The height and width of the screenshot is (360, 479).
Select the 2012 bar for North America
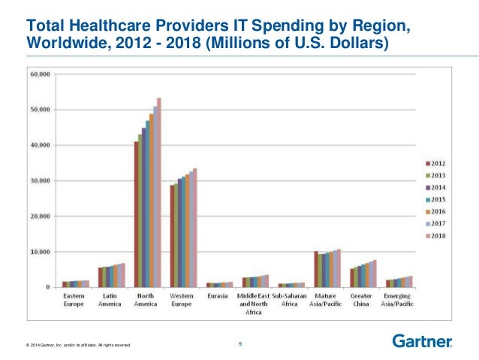click(x=136, y=214)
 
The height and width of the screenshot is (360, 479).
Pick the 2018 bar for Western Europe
click(x=194, y=228)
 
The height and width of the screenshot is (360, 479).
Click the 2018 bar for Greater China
click(x=375, y=274)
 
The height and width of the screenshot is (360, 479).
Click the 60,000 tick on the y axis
click(x=41, y=74)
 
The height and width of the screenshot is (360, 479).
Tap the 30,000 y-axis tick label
click(x=41, y=181)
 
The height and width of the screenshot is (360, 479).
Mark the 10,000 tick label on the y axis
click(x=41, y=252)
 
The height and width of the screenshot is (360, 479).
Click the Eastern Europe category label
click(x=75, y=299)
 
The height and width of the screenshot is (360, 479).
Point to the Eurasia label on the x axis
click(x=219, y=296)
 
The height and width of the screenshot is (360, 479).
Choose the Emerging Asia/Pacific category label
click(x=399, y=299)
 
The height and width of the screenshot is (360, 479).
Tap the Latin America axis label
click(x=111, y=299)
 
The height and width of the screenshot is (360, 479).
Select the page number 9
click(x=239, y=343)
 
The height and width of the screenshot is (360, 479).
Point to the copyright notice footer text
click(x=78, y=345)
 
